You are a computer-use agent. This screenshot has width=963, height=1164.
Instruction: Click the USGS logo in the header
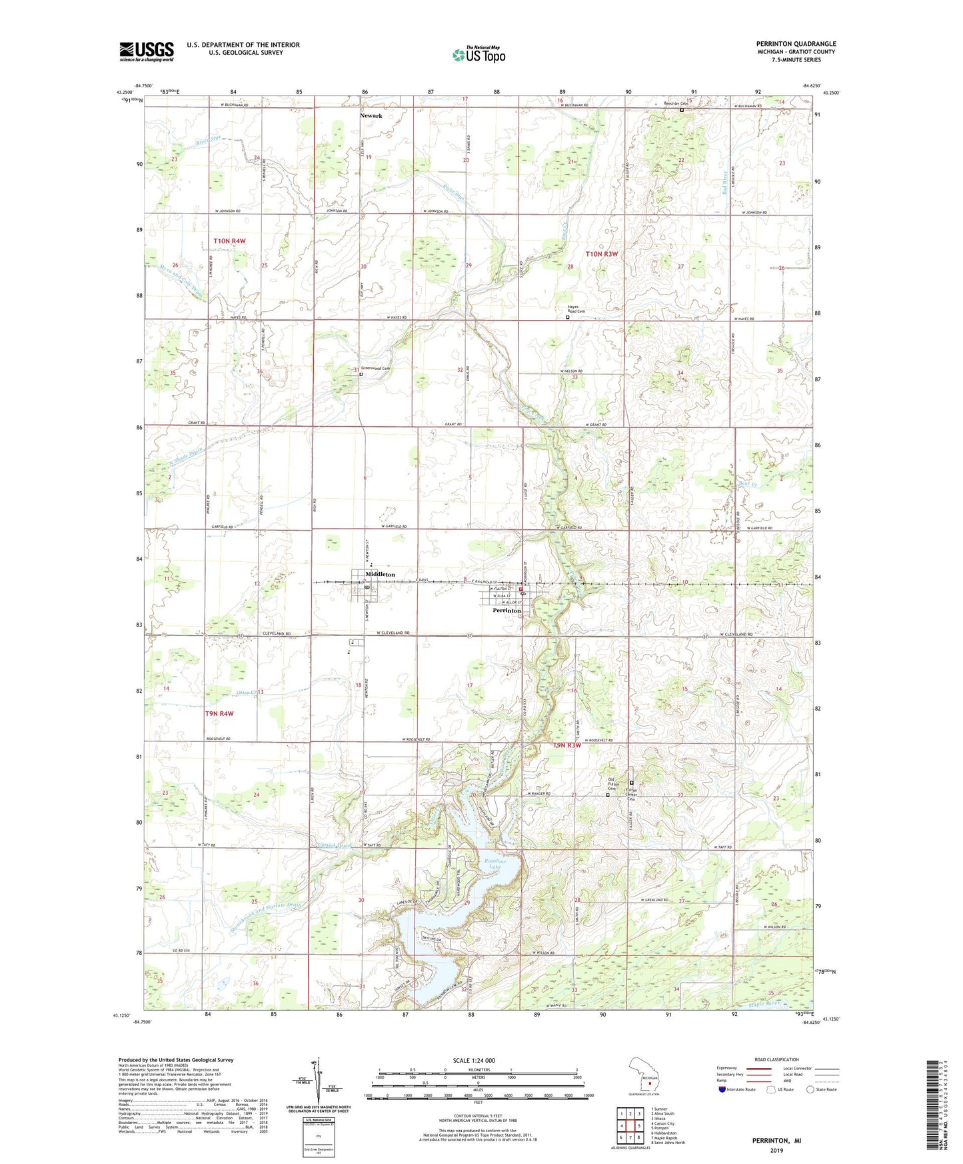(147, 51)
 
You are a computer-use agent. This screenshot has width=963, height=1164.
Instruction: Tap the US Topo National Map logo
(479, 55)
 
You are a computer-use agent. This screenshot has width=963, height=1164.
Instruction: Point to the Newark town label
(371, 115)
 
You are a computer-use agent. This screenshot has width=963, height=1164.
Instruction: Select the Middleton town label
(380, 574)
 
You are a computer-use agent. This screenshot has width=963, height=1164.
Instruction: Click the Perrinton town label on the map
(506, 610)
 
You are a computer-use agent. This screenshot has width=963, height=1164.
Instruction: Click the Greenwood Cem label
(375, 369)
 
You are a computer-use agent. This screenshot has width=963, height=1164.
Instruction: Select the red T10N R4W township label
(229, 241)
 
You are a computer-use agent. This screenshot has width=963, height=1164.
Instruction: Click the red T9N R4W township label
(219, 713)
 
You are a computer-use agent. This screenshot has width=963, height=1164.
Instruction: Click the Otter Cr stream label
(246, 693)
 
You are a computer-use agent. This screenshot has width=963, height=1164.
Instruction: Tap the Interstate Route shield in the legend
(722, 1089)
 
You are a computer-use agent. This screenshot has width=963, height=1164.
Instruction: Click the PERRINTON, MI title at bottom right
(776, 1141)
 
